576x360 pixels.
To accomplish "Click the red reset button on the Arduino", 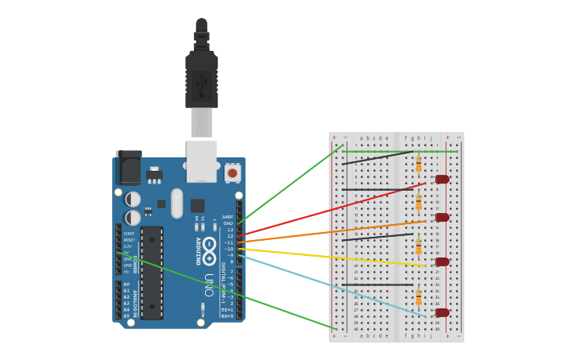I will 233,172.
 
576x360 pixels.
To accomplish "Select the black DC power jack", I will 129,168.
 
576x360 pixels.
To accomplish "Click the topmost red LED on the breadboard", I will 443,179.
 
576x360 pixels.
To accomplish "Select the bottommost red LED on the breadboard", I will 443,312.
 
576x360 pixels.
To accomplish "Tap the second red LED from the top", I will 443,217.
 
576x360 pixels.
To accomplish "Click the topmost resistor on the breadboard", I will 419,164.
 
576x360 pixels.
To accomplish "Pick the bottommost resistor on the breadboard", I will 419,297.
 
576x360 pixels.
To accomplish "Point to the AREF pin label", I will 228,217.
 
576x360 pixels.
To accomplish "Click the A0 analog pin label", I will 126,285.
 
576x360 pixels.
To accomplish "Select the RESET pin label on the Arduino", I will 129,240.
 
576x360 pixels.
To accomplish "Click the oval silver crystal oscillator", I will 176,203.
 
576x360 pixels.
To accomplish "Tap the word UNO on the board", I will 209,285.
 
